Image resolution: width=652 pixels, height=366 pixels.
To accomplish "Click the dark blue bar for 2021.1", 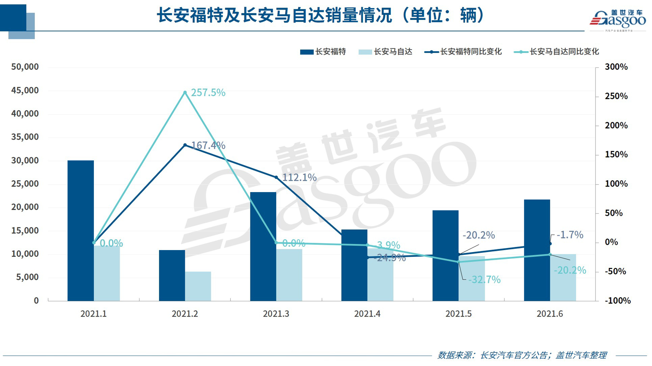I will coord(81,230).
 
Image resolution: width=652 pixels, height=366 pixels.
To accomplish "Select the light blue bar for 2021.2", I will coord(198,286).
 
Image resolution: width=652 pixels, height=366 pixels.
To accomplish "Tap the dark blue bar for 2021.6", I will coord(537,250).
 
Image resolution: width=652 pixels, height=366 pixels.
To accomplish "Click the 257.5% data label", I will coord(208,92).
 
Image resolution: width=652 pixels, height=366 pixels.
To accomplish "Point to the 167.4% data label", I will coord(208,145).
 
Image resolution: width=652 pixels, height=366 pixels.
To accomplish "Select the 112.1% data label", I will coord(299,177).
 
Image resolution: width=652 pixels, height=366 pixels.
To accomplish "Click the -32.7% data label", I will coord(484,280).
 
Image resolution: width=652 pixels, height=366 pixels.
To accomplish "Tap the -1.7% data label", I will coord(569,235).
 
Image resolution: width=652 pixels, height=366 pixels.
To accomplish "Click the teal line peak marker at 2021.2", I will coord(185,93).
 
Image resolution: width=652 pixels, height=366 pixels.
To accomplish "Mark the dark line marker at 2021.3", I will coord(276,177).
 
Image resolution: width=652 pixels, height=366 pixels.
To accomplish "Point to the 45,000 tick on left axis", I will coord(25,91).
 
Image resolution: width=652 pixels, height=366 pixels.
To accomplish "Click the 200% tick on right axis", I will coord(616,125).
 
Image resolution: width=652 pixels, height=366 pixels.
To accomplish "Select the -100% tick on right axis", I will coord(617,301).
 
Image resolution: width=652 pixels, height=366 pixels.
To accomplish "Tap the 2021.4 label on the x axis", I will coord(367,314).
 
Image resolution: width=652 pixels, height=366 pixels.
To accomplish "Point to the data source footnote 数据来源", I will coord(522,355).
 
